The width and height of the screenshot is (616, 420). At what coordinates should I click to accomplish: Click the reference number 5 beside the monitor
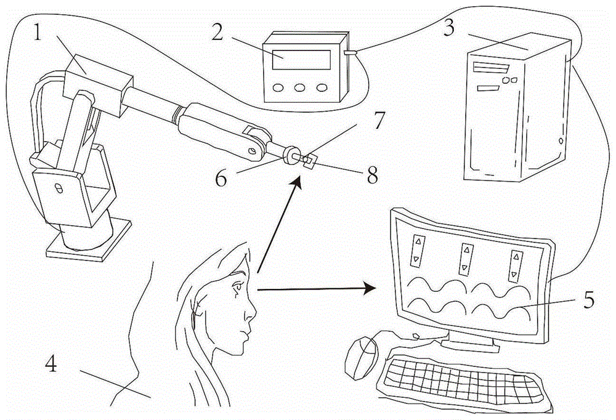[588, 300]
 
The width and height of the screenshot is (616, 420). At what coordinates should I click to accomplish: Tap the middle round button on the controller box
[300, 87]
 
